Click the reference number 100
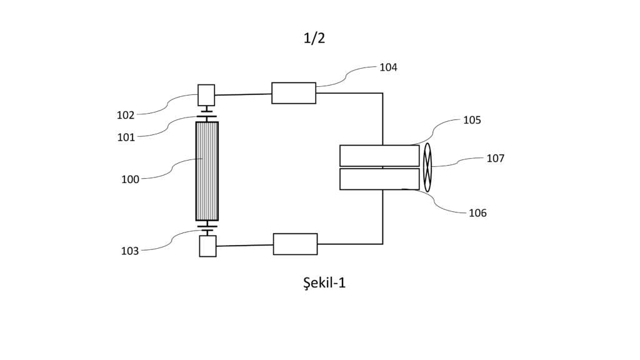point(130,179)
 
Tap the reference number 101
point(126,137)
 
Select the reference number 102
point(126,116)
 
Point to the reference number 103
point(130,251)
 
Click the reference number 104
point(388,67)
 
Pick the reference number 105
point(472,120)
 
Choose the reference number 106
point(477,213)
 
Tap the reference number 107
point(496,158)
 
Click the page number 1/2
point(314,38)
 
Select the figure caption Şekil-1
point(324,282)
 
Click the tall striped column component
point(207,171)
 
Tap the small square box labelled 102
point(206,95)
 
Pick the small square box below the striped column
point(207,246)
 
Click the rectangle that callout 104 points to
point(294,93)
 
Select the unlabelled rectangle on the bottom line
point(295,244)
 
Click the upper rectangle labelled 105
point(379,156)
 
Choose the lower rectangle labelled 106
point(379,179)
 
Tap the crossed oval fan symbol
point(427,167)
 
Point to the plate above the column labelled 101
point(207,117)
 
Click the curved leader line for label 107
point(457,162)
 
